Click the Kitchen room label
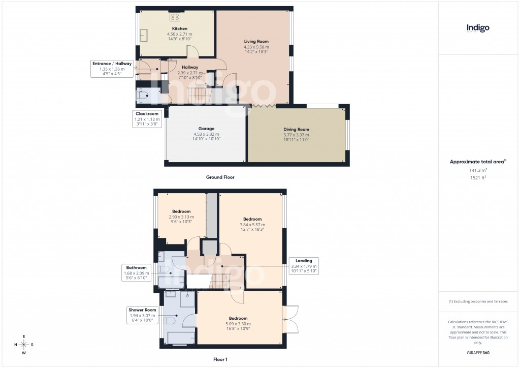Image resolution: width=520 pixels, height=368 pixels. coord(180,28)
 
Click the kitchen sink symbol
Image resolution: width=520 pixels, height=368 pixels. coord(144,35)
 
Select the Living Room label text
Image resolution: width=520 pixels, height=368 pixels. coord(256,41)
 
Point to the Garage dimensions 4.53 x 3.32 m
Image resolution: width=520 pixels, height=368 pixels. coord(207,134)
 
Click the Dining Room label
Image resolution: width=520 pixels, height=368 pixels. coord(296,129)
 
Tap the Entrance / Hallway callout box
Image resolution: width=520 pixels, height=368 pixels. coord(112,69)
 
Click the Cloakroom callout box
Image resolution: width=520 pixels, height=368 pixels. coord(147,118)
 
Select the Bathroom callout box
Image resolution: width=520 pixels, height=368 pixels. coord(137,273)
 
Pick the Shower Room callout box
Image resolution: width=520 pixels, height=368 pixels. coord(142,315)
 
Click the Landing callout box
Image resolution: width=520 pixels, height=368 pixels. coord(304,266)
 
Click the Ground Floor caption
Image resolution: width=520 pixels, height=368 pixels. coord(220,177)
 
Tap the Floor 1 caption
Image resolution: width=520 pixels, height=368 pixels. coord(220,359)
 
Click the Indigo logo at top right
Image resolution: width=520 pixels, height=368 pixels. coord(478,28)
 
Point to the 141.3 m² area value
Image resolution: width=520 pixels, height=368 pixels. coord(478,171)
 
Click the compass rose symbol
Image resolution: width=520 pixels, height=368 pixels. coord(24,345)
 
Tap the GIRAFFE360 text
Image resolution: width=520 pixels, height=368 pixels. coord(478,352)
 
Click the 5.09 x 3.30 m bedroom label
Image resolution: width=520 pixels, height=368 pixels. coord(238,324)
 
